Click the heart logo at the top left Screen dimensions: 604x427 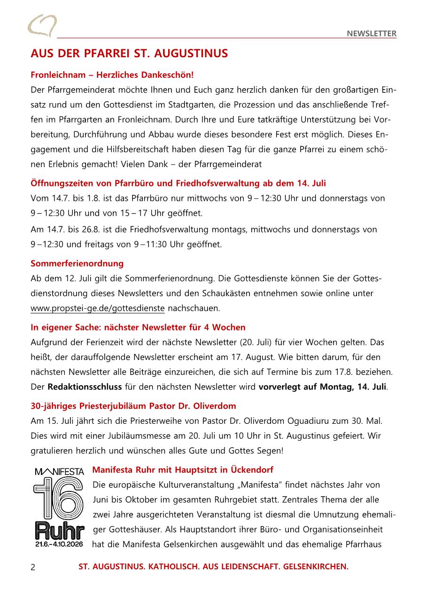(42, 26)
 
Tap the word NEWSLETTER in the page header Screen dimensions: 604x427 (372, 33)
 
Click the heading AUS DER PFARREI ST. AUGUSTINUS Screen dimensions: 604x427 (129, 54)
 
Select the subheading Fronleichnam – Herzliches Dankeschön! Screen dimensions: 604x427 (112, 75)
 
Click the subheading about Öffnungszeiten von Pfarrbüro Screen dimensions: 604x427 (178, 183)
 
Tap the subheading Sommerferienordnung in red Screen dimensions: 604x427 (77, 263)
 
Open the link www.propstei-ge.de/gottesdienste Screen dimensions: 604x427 (98, 308)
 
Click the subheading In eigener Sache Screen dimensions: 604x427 (138, 327)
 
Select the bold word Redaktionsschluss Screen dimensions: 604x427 (85, 387)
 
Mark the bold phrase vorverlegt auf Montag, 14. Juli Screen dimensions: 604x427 (322, 387)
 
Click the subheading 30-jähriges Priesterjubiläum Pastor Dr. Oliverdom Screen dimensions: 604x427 (133, 406)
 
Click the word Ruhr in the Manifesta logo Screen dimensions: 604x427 (59, 531)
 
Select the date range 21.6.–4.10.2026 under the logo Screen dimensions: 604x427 (59, 544)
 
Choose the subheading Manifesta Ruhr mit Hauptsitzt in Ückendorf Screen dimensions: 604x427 (183, 470)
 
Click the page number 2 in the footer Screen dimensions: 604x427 (33, 567)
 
